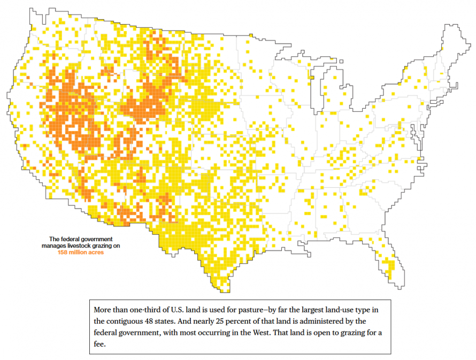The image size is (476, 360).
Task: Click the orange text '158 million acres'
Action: tap(81, 252)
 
